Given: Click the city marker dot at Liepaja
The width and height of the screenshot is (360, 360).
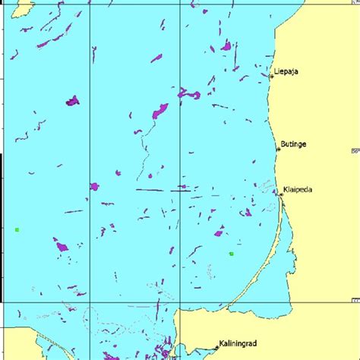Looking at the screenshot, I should click(x=272, y=76).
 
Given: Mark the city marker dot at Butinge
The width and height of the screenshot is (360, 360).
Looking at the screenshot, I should click(x=279, y=150).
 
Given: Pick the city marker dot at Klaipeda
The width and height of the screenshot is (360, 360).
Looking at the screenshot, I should click(x=281, y=195).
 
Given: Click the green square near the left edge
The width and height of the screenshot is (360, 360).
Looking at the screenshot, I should click(x=17, y=229).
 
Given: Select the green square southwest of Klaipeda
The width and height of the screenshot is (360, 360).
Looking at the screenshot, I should click(x=231, y=254).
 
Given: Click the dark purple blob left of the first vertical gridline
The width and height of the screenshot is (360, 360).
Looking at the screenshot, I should click(x=72, y=100).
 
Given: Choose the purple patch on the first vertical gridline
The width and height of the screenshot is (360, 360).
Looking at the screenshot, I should click(x=94, y=186).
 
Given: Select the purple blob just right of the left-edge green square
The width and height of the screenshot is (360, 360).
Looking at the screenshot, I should click(x=60, y=245).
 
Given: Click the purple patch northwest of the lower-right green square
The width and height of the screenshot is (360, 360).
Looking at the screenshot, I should click(x=219, y=231).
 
